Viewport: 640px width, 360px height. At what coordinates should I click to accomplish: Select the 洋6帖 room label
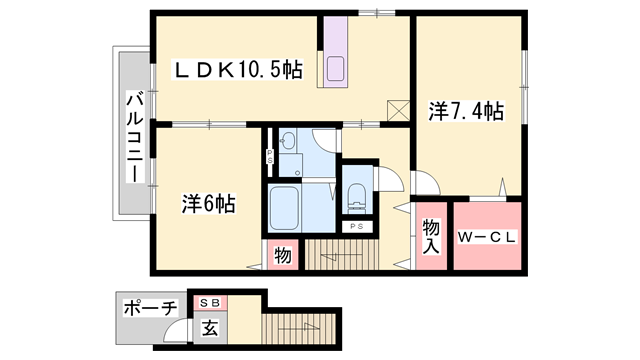tap(208, 204)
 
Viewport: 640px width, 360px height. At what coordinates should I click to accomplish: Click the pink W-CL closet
tap(487, 237)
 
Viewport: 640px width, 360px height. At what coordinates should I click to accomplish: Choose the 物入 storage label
tap(431, 236)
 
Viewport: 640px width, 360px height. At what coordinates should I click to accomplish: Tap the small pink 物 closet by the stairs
tap(282, 256)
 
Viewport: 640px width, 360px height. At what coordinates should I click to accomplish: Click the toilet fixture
tap(357, 194)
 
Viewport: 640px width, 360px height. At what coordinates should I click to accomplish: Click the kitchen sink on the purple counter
tap(336, 69)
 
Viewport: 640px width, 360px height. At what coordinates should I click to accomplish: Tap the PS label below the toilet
tap(357, 227)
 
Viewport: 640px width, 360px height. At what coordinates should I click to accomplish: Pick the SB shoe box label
tap(211, 302)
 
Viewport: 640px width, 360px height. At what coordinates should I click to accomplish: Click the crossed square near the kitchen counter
tap(397, 108)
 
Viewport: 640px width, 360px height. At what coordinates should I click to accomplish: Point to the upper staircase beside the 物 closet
tap(340, 256)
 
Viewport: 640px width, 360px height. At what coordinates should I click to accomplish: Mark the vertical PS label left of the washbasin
tap(270, 156)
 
